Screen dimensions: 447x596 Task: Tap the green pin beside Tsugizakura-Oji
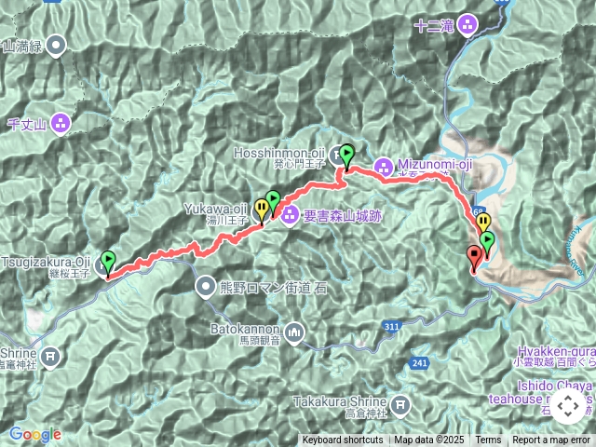click(108, 261)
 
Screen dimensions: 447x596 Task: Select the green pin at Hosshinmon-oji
click(346, 155)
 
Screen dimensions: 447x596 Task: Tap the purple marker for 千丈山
click(61, 122)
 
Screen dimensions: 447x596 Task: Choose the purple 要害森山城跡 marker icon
click(289, 216)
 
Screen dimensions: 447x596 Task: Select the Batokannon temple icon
click(294, 332)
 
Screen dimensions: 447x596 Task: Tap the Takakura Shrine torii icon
click(400, 404)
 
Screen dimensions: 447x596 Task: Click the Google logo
click(34, 434)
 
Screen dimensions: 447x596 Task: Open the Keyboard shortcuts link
click(342, 440)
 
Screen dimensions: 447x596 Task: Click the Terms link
click(488, 440)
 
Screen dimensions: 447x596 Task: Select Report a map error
click(551, 440)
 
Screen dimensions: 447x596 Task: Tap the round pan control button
click(567, 407)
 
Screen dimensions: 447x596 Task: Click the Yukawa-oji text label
click(214, 208)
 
